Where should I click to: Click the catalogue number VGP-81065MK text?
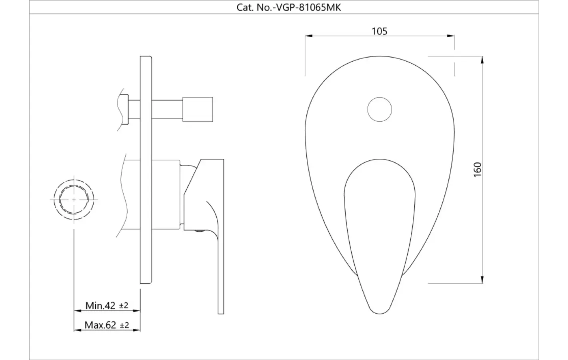click(x=308, y=7)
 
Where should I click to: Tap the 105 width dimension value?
click(x=379, y=31)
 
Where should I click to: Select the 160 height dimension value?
click(x=477, y=170)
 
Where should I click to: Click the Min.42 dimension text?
click(x=100, y=306)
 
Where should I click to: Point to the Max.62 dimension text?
click(x=100, y=325)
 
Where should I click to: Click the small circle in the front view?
click(x=380, y=110)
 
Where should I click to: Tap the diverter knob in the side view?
click(x=198, y=109)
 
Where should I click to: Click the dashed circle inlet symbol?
click(x=74, y=200)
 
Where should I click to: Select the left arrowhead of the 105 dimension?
click(x=308, y=36)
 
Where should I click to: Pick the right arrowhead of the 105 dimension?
click(x=450, y=36)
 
